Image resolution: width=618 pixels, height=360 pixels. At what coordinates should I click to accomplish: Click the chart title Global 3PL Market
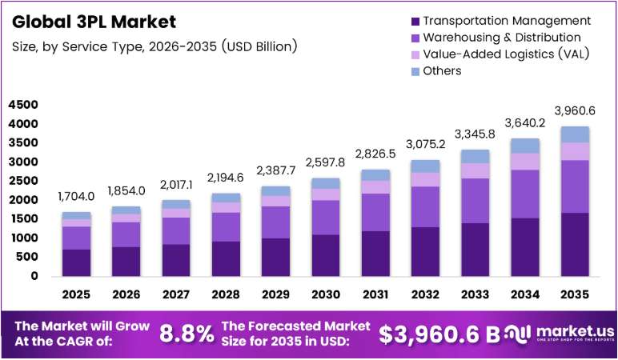click(94, 22)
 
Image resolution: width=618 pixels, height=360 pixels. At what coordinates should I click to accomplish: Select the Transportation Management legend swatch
click(415, 22)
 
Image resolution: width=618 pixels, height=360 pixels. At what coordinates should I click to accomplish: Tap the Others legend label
click(442, 71)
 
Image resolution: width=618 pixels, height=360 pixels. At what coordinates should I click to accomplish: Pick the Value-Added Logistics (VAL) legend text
click(506, 54)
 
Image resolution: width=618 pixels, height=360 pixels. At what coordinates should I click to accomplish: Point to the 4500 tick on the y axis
click(23, 105)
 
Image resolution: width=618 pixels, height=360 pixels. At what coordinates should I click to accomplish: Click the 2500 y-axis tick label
click(23, 181)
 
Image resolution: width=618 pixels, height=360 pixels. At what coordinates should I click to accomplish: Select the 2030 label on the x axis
click(326, 294)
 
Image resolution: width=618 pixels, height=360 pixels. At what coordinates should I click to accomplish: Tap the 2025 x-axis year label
click(76, 294)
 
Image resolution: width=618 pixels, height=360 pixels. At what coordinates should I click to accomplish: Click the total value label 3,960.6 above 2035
click(575, 111)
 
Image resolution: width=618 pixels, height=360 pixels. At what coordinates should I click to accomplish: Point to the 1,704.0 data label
click(76, 196)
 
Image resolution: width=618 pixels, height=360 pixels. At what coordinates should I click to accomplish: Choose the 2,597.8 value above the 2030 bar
click(326, 162)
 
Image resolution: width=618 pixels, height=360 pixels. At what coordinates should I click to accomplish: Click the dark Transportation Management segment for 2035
click(575, 245)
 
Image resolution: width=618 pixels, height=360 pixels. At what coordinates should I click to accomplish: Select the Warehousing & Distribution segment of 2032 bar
click(425, 206)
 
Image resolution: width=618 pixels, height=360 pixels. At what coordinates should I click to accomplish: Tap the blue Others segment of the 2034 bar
click(525, 146)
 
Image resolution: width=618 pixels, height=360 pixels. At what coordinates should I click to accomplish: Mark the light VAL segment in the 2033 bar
click(475, 171)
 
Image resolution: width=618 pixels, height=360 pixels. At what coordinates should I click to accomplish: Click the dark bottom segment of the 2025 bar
click(76, 262)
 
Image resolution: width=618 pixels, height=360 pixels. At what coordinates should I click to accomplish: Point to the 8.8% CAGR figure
click(187, 334)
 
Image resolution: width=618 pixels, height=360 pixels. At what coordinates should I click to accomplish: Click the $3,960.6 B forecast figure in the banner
click(439, 334)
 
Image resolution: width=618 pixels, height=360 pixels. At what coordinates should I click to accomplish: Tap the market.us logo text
click(576, 331)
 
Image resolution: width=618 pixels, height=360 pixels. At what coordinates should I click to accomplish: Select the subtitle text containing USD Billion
click(154, 46)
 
